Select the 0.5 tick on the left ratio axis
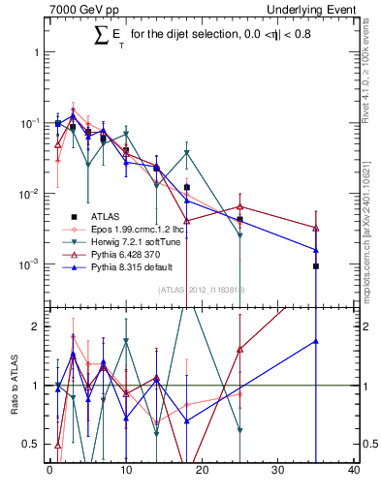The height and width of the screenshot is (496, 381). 36,444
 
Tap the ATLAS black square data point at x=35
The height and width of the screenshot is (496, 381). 316,265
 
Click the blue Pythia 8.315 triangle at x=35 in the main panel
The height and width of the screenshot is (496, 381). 316,250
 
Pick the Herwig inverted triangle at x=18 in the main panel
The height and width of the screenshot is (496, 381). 187,153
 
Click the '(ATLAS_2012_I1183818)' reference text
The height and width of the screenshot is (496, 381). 202,289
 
